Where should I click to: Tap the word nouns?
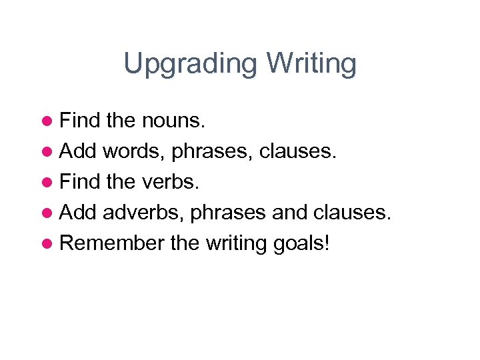click(x=175, y=121)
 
